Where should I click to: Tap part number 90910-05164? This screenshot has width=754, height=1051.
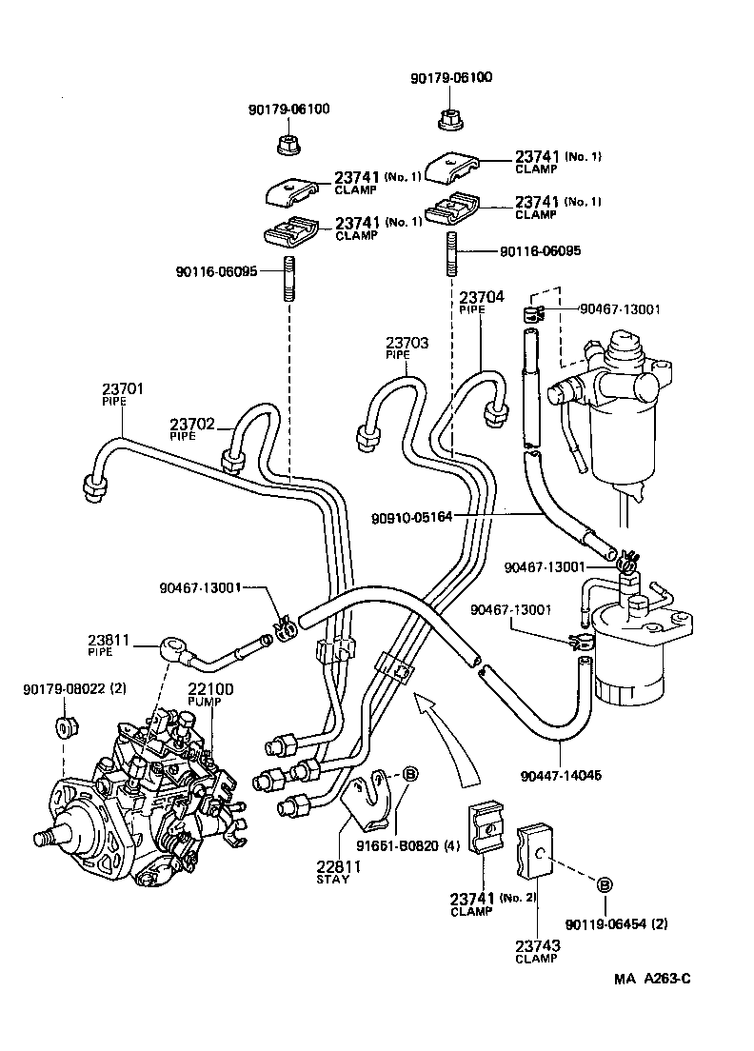[411, 517]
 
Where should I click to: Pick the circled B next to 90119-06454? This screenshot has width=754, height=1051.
[604, 885]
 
